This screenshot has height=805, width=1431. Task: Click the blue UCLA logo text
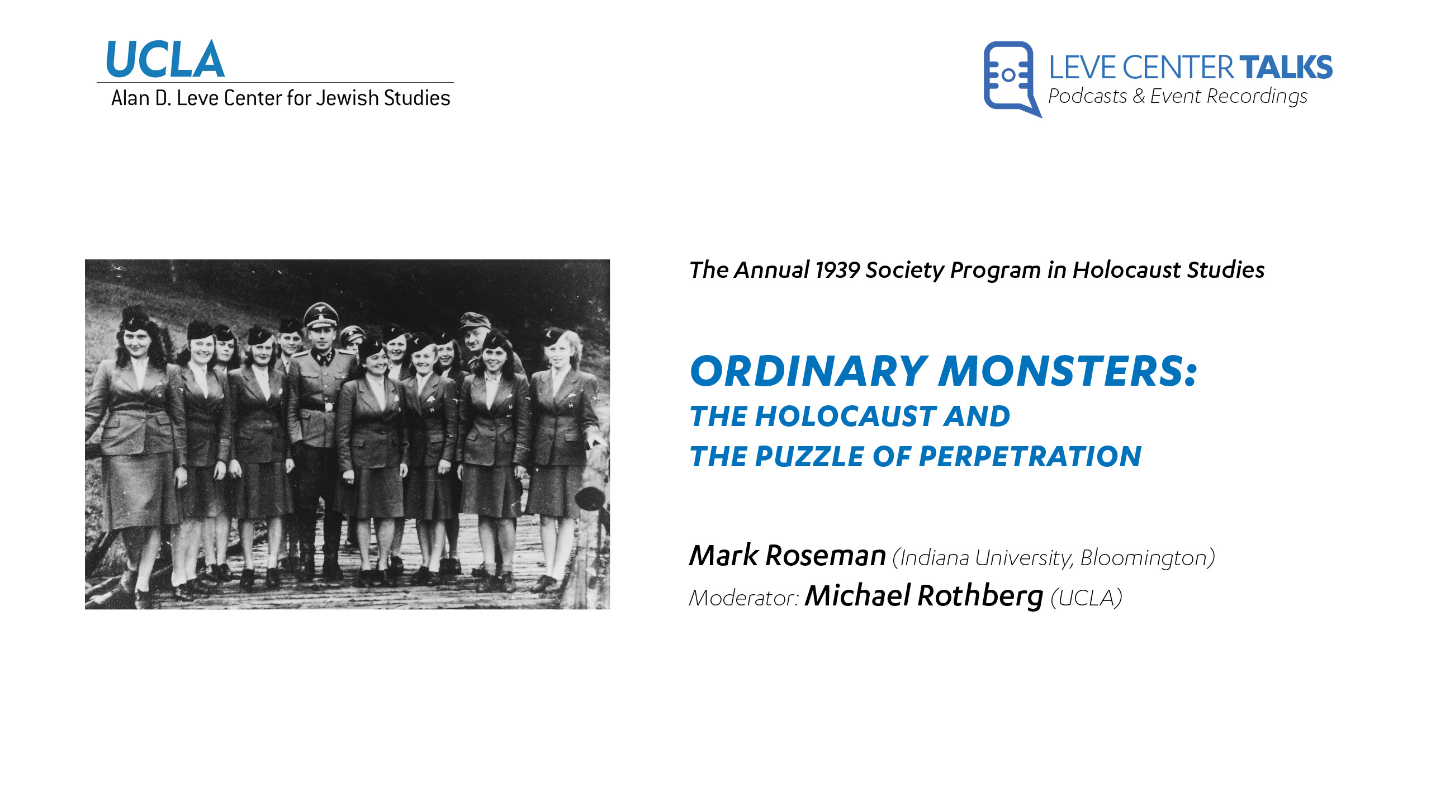(165, 59)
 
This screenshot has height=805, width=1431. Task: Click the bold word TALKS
(1286, 68)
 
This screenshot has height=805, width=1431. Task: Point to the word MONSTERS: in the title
(1068, 371)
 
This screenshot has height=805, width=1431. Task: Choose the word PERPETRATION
(1030, 456)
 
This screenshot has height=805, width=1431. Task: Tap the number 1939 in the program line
(837, 270)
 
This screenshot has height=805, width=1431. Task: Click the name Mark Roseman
(788, 556)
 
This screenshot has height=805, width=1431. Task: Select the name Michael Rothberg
(924, 596)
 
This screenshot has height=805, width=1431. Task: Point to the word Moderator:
(744, 598)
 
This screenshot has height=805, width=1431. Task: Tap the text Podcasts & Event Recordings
(1178, 97)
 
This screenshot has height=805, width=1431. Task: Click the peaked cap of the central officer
(320, 315)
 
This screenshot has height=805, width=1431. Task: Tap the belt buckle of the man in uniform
(329, 406)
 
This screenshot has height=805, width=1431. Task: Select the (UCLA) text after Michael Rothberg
(1086, 598)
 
